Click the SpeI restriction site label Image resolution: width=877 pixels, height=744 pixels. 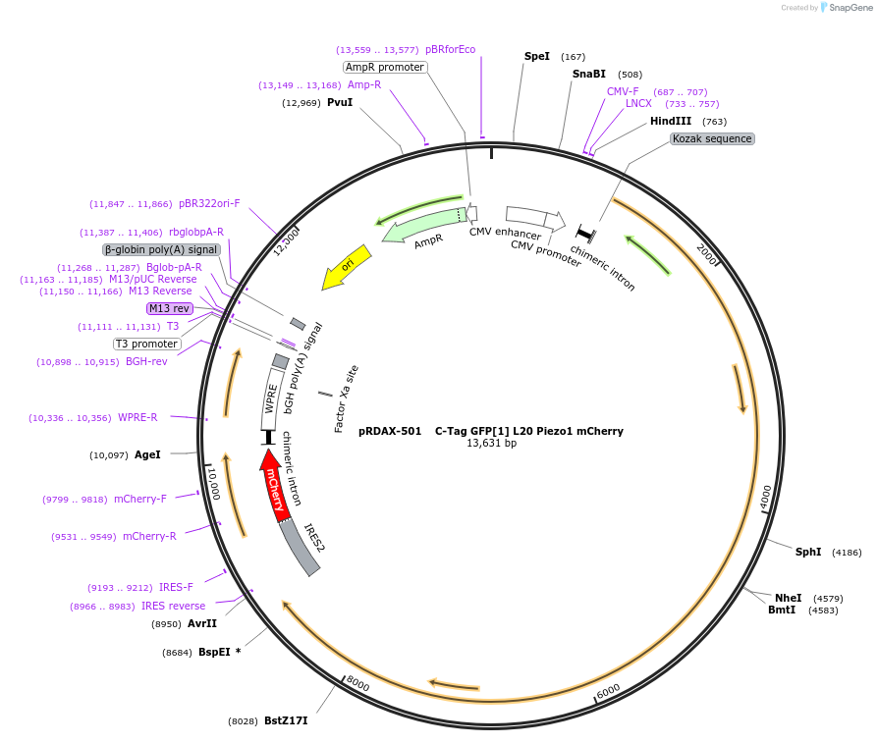pyautogui.click(x=537, y=57)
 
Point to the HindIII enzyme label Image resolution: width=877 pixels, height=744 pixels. pyautogui.click(x=671, y=122)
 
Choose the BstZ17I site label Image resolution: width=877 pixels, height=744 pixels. pyautogui.click(x=286, y=720)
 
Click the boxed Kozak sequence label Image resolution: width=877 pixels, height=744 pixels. pyautogui.click(x=712, y=138)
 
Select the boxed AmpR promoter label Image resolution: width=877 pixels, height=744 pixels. pyautogui.click(x=385, y=67)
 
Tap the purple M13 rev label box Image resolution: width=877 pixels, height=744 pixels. pyautogui.click(x=169, y=308)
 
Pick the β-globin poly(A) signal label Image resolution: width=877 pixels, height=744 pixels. pyautogui.click(x=161, y=249)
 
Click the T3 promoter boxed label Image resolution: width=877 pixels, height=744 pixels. pyautogui.click(x=147, y=344)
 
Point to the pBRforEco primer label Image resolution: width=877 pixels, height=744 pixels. pyautogui.click(x=450, y=49)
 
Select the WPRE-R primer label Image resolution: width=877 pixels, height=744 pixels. pyautogui.click(x=137, y=417)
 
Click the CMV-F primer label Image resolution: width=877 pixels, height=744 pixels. pyautogui.click(x=623, y=91)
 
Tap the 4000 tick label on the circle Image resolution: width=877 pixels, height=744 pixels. pyautogui.click(x=766, y=497)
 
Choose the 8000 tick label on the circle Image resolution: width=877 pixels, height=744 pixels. pyautogui.click(x=356, y=683)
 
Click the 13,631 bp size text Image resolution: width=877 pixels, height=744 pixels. pyautogui.click(x=491, y=443)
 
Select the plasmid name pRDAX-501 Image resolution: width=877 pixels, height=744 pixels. pyautogui.click(x=390, y=430)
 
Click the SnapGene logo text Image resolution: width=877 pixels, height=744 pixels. pyautogui.click(x=845, y=7)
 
